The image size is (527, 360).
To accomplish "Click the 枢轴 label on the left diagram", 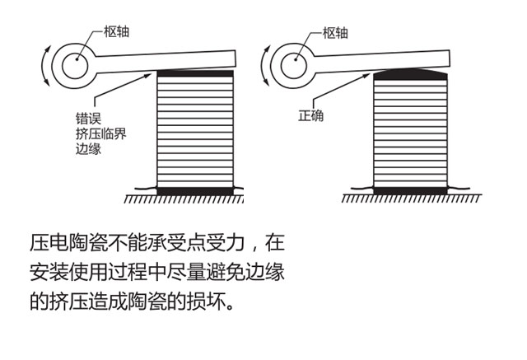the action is point(116,31).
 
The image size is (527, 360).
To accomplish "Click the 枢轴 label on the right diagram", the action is point(335,33).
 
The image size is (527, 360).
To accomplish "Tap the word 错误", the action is point(88,119).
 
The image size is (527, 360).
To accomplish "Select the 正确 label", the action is point(311,115).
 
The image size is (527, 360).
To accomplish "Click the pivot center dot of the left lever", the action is point(77,59).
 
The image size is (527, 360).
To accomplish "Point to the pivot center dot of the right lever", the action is point(296,60).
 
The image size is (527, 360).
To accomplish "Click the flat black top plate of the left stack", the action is point(195,73).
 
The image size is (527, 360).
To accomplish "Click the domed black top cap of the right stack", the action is point(410,74).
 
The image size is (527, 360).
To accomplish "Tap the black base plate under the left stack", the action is point(195,191).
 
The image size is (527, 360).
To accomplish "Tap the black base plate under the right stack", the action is point(410,191).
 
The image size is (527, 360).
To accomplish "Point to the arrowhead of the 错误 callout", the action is point(148,76).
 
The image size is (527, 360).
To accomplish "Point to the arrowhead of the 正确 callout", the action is point(366,76).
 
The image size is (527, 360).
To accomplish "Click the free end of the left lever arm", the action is point(235,58).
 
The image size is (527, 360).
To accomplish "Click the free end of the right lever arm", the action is point(449,58).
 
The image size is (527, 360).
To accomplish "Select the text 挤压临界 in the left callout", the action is point(101,133).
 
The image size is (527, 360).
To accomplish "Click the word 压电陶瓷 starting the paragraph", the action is point(68,242).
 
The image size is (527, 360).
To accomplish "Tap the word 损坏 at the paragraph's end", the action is point(207,301).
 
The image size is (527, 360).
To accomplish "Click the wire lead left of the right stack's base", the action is point(362,188).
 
